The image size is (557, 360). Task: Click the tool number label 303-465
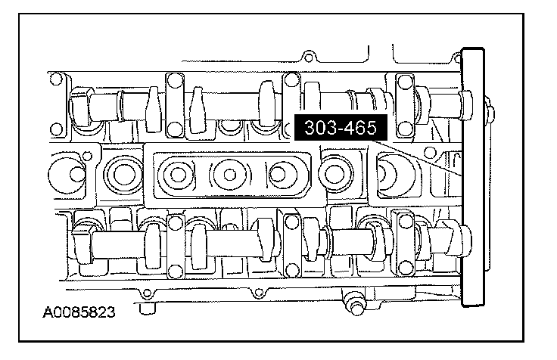[x=341, y=128]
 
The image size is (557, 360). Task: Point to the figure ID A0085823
[x=79, y=312]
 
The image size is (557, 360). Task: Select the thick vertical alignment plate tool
[x=473, y=177]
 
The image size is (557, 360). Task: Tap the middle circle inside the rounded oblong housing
[x=229, y=175]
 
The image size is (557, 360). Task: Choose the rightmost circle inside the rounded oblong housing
[x=278, y=175]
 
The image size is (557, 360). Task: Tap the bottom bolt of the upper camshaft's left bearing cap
[x=175, y=129]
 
